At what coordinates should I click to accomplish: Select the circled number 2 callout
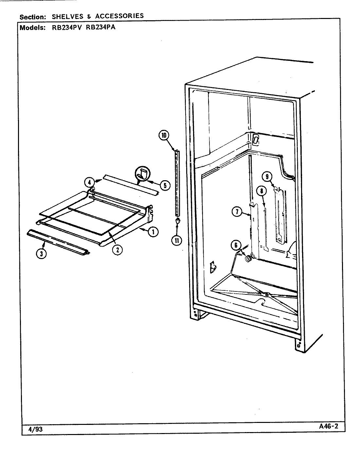(117, 250)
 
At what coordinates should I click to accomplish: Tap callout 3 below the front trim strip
(41, 253)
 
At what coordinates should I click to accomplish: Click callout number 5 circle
(165, 185)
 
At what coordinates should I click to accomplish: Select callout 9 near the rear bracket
(267, 177)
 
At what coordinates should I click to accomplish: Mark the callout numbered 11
(177, 240)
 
